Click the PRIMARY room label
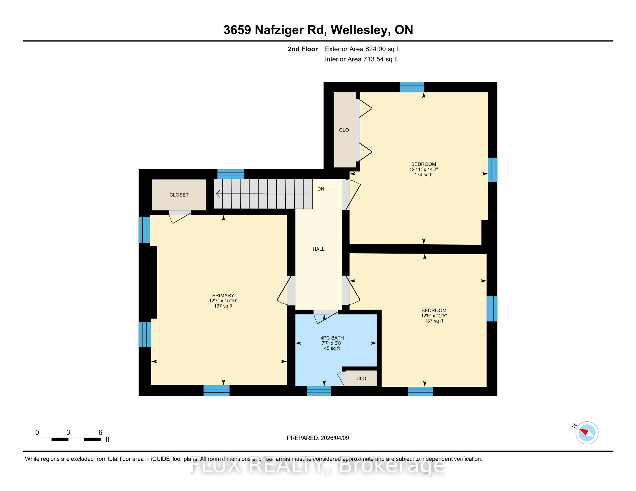[x=223, y=295]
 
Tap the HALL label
[x=319, y=249]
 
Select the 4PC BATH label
[x=332, y=338]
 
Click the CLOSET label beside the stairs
[x=179, y=195]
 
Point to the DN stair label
[x=321, y=189]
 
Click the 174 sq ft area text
[x=424, y=175]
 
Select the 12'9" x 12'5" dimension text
[x=434, y=316]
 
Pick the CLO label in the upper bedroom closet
[x=344, y=130]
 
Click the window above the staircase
[x=231, y=174]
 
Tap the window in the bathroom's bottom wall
[x=319, y=391]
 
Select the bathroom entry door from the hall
[x=326, y=317]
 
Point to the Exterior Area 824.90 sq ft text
[x=362, y=49]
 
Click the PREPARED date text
[x=318, y=438]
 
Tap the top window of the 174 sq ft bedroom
[x=412, y=87]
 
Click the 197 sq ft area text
[x=223, y=306]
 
